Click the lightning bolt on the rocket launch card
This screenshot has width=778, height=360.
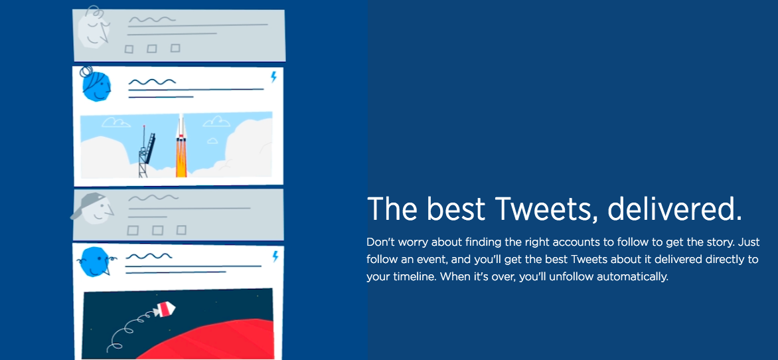click(x=273, y=77)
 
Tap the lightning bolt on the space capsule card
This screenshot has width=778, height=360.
click(x=275, y=257)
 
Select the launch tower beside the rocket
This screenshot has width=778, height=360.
click(x=146, y=151)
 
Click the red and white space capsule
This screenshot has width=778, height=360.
click(x=164, y=310)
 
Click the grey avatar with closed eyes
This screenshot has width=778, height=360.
click(x=94, y=27)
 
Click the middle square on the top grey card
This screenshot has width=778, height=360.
click(x=152, y=48)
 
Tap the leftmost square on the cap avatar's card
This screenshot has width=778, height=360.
click(x=133, y=230)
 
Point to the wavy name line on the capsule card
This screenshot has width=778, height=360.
click(x=149, y=257)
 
